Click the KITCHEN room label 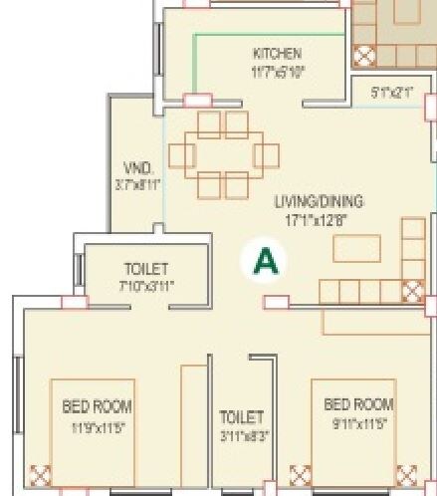pyautogui.click(x=277, y=53)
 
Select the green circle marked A pyautogui.click(x=265, y=260)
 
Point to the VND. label pyautogui.click(x=137, y=166)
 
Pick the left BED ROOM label pyautogui.click(x=97, y=406)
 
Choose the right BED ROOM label pyautogui.click(x=358, y=404)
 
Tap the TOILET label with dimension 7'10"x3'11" pyautogui.click(x=146, y=269)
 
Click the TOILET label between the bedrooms pyautogui.click(x=241, y=417)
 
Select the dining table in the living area pyautogui.click(x=223, y=155)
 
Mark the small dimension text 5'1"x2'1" pyautogui.click(x=391, y=92)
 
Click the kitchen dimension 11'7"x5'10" pyautogui.click(x=277, y=71)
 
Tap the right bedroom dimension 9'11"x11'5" pyautogui.click(x=358, y=422)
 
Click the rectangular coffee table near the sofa pyautogui.click(x=356, y=248)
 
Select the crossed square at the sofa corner pyautogui.click(x=412, y=291)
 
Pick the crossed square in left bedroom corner pyautogui.click(x=41, y=476)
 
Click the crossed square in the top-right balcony pyautogui.click(x=364, y=55)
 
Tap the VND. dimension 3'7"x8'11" pyautogui.click(x=137, y=184)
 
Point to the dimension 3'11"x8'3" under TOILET pyautogui.click(x=241, y=435)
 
